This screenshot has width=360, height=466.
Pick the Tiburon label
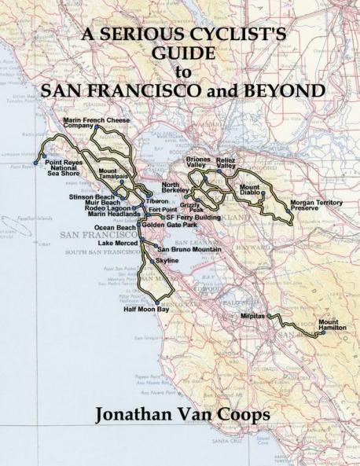point(158,201)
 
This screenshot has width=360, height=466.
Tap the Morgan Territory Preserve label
point(314,205)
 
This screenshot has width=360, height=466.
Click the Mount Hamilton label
point(332,325)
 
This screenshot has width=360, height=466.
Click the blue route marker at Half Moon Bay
point(158,302)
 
